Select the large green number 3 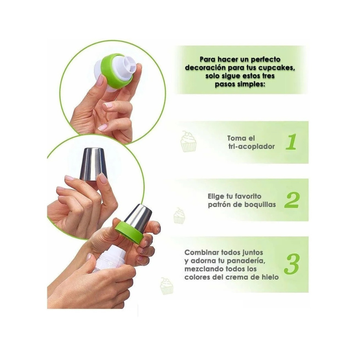[292, 264]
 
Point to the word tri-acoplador [251, 147]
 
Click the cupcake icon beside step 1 [189, 141]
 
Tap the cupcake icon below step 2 [179, 216]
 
